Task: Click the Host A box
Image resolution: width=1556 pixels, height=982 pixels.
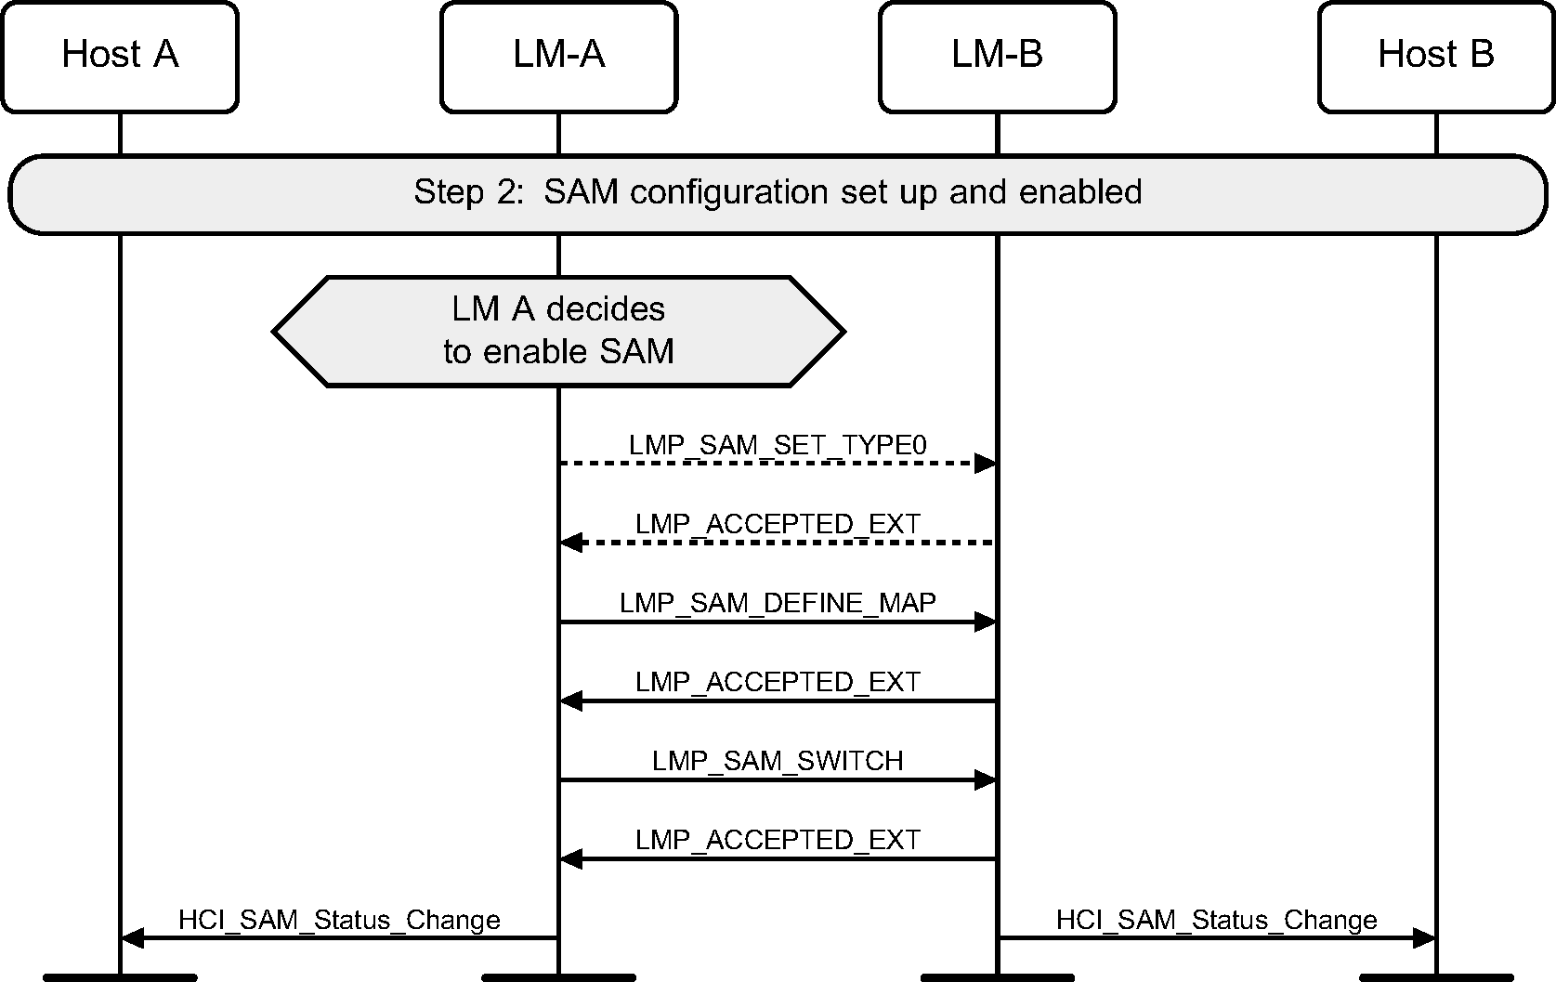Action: pyautogui.click(x=120, y=57)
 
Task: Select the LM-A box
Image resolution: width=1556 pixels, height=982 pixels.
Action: pyautogui.click(x=558, y=57)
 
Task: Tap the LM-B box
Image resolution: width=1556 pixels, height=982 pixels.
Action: pyautogui.click(x=997, y=57)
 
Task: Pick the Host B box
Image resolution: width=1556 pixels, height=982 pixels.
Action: pyautogui.click(x=1435, y=57)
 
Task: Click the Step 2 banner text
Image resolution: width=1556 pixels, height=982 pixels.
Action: pyautogui.click(x=778, y=192)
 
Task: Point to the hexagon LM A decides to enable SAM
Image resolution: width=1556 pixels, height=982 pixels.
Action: pyautogui.click(x=558, y=331)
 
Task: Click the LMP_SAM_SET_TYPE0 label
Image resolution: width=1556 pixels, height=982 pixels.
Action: pyautogui.click(x=778, y=445)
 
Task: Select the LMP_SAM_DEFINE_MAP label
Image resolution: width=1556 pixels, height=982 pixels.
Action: pyautogui.click(x=778, y=603)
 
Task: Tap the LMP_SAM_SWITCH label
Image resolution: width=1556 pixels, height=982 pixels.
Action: pyautogui.click(x=778, y=761)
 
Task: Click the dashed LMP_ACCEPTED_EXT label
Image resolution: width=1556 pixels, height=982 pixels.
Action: pyautogui.click(x=778, y=524)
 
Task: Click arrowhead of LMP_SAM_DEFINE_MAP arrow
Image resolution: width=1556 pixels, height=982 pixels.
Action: pyautogui.click(x=986, y=622)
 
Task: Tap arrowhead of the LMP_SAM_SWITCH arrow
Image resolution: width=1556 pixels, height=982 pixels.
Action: pyautogui.click(x=986, y=780)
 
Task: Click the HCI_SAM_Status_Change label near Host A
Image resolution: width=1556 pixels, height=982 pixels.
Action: pyautogui.click(x=339, y=920)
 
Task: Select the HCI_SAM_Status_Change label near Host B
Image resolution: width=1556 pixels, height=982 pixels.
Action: pyautogui.click(x=1216, y=920)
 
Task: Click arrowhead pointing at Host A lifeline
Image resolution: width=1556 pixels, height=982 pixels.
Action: pyautogui.click(x=132, y=938)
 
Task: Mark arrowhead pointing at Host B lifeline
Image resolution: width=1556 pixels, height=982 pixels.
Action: pyautogui.click(x=1424, y=938)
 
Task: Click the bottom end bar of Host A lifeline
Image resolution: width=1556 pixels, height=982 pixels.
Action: pyautogui.click(x=120, y=977)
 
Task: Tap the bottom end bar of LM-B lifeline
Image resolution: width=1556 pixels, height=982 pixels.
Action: pyautogui.click(x=997, y=977)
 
